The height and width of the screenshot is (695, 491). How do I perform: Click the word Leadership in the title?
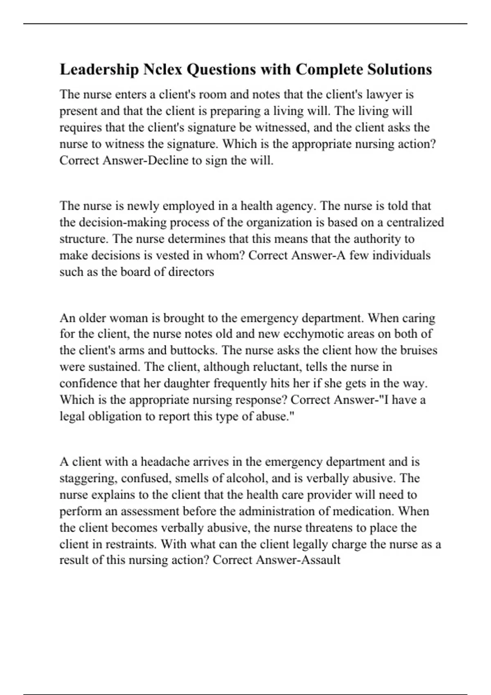pos(99,69)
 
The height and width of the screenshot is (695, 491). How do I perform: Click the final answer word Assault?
pos(320,560)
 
